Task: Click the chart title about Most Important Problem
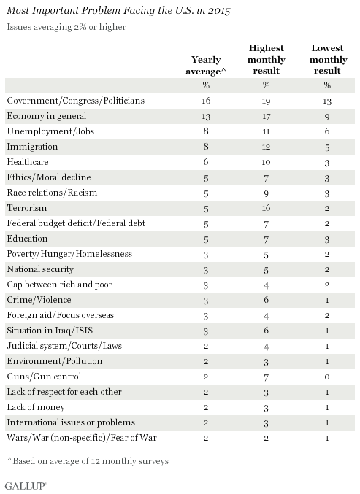pos(118,11)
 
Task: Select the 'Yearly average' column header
pos(206,65)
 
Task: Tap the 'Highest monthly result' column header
pos(267,59)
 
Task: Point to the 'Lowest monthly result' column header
pos(328,59)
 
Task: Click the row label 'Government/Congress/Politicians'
pos(76,101)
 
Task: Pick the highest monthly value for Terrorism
pos(266,208)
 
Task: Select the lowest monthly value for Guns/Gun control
pos(327,377)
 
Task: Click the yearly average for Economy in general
pos(206,116)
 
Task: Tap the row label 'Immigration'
pos(32,147)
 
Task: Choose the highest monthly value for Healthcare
pos(266,162)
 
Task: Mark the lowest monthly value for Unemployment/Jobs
pos(327,131)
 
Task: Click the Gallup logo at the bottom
pos(26,486)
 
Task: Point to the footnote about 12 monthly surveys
pos(88,461)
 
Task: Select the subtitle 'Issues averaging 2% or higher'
pos(66,27)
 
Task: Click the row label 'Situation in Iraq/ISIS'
pos(50,331)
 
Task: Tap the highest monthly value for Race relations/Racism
pos(266,193)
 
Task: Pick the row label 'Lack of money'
pos(36,407)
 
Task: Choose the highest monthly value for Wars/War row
pos(266,438)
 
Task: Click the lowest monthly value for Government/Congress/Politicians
pos(327,101)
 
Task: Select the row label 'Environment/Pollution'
pos(55,361)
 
